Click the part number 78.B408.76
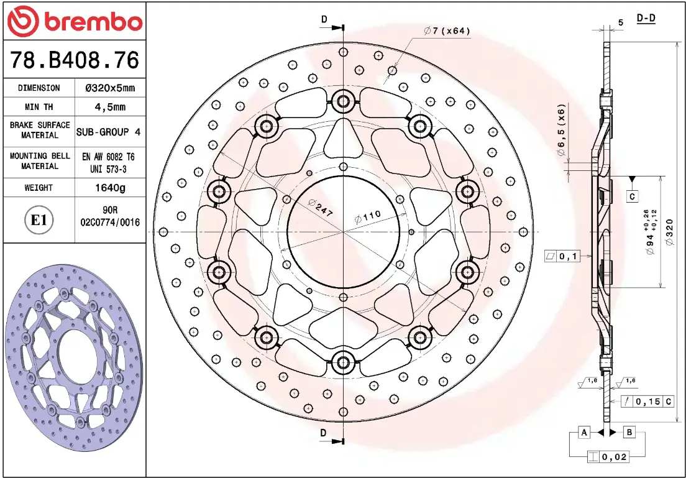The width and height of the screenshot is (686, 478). pos(75,60)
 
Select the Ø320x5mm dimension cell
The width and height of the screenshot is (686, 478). pos(110,88)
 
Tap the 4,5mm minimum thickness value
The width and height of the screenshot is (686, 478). pos(110,107)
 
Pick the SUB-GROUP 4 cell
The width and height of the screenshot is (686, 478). pos(109,132)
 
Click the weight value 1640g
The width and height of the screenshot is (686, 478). pos(110,188)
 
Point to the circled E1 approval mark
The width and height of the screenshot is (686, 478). pos(39,220)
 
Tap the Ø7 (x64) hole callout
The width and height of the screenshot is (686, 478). pos(447,30)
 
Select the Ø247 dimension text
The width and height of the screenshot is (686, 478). pos(320,208)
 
